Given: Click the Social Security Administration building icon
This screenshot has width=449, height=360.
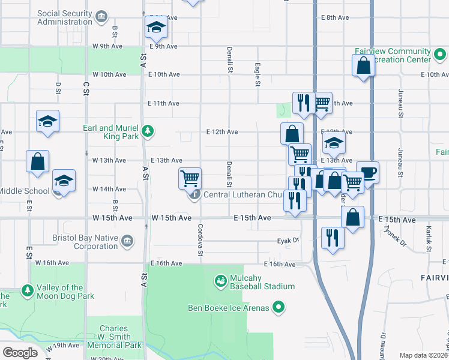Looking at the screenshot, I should point(102,16).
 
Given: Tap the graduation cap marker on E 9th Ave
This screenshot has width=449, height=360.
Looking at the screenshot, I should point(155,27).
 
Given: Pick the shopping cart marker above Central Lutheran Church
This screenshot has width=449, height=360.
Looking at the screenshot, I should point(190,178).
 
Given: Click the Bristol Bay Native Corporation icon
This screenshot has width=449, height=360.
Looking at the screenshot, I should point(127,241).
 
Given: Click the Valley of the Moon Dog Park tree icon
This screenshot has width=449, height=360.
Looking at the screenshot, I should point(28,291).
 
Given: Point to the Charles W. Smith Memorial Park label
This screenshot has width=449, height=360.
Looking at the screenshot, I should point(114,337).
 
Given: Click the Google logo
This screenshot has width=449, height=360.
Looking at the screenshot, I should point(20,352).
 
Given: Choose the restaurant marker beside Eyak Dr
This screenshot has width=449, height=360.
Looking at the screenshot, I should point(333,238).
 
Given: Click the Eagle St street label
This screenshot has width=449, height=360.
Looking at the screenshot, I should point(257,75).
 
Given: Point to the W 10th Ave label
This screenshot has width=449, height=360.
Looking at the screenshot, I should point(109,74).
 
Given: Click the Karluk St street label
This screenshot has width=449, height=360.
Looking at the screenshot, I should point(428,238).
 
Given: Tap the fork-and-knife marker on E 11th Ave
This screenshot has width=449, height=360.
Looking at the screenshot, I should point(303,103).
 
